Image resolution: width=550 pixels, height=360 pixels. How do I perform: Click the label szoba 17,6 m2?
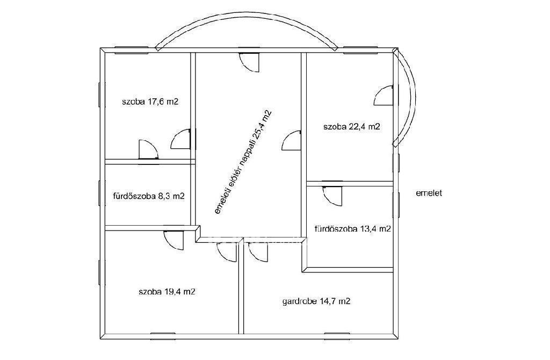[x=150, y=102]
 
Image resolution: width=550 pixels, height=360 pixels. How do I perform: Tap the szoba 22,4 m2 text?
[x=351, y=127]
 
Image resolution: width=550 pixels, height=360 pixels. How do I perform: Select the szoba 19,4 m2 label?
[x=167, y=292]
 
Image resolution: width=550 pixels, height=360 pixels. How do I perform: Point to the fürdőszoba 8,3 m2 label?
[x=149, y=196]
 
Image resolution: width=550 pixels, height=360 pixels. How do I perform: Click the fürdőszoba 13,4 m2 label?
[x=352, y=229]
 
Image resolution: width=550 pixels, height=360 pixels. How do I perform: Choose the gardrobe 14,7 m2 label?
[x=316, y=301]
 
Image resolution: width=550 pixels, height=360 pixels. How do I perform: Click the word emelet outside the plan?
[x=429, y=193]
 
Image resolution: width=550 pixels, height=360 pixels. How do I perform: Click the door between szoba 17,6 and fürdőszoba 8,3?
[x=148, y=149]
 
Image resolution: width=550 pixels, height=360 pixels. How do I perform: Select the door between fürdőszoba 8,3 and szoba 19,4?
[x=173, y=240]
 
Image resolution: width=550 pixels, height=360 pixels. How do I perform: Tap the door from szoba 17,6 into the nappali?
[x=181, y=139]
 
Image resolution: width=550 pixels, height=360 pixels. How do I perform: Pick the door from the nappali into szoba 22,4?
[x=292, y=140]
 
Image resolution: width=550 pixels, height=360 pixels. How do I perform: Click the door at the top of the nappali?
[x=249, y=62]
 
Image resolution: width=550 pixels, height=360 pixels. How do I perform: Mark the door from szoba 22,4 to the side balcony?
[x=383, y=96]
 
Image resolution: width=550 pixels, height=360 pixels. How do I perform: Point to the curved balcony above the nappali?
[x=247, y=20]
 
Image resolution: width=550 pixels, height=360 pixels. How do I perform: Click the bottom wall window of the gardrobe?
[x=337, y=334]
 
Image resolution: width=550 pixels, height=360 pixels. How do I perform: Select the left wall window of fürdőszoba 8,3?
[x=99, y=193]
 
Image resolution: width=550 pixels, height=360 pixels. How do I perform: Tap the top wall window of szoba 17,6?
[x=127, y=53]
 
